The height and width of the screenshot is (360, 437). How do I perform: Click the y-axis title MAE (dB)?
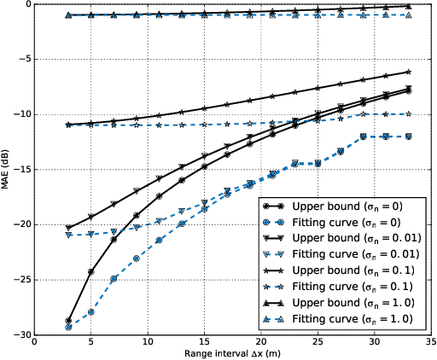tap(7, 169)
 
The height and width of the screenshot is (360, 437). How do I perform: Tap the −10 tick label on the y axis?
tap(19, 114)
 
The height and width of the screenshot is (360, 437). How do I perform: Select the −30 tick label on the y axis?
tap(19, 335)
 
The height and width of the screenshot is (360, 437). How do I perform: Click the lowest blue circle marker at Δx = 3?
tap(68, 327)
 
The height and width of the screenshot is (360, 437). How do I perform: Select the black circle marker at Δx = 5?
tap(91, 271)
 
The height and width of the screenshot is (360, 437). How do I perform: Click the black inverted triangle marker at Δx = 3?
tap(68, 228)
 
